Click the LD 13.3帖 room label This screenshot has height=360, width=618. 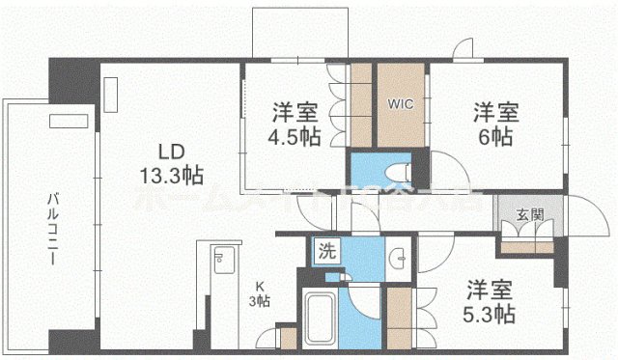[x=167, y=163]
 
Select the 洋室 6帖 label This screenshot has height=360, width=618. [x=495, y=123]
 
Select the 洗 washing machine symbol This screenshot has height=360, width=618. [x=327, y=252]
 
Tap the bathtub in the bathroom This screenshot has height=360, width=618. [x=321, y=318]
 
